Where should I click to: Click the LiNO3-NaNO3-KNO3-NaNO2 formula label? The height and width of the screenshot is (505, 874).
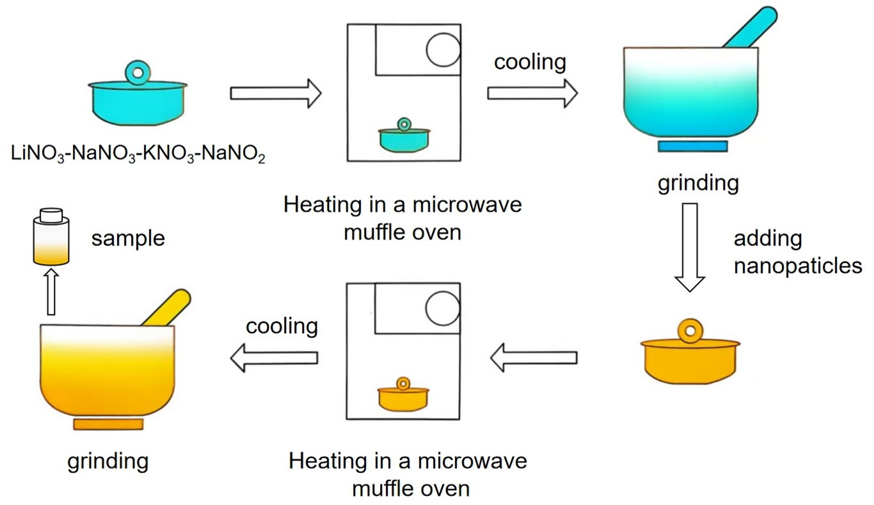[138, 154]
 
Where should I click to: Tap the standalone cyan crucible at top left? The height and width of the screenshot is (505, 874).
[138, 103]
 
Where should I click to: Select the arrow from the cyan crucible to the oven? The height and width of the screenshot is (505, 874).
[275, 94]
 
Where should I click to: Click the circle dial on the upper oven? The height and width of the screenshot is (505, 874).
[443, 50]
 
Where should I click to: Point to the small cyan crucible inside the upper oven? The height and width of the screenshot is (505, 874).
[404, 138]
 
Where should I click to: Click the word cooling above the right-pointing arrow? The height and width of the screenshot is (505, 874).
[530, 62]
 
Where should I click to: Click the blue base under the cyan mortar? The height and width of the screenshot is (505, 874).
[693, 146]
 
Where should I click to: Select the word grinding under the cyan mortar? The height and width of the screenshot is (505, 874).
[698, 183]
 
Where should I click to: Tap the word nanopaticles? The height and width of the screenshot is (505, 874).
[797, 265]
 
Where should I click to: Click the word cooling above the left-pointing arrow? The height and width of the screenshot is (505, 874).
[282, 326]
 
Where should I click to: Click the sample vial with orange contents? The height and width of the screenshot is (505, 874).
[51, 237]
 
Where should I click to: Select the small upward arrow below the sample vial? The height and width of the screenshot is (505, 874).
[51, 291]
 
